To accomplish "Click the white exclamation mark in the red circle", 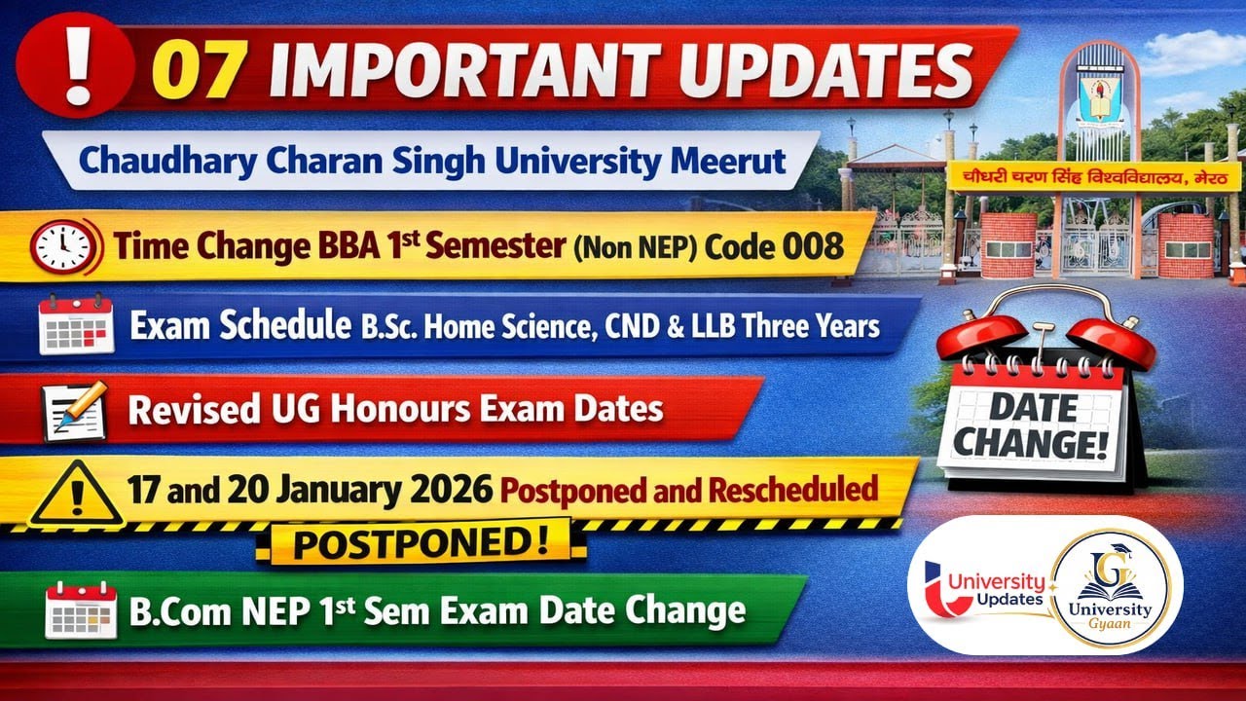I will click(75, 67).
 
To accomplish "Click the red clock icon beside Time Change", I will click(64, 245).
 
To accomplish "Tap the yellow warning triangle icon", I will click(76, 493).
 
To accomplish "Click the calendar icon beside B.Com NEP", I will click(81, 610).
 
